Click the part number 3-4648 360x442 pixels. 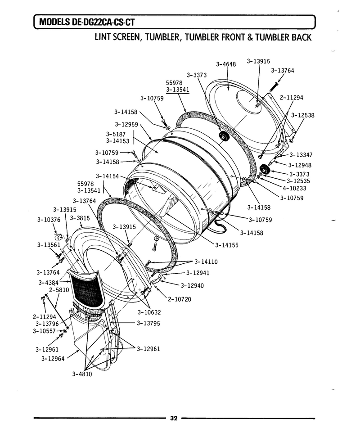(x=226, y=64)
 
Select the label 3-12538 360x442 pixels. (x=303, y=115)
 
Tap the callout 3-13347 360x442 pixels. (x=301, y=155)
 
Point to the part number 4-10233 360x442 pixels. (x=294, y=188)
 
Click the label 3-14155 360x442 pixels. (x=227, y=245)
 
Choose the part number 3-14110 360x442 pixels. (x=206, y=262)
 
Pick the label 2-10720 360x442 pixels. (x=180, y=299)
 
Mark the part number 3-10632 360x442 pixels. (x=149, y=312)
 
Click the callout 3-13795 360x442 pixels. (x=148, y=323)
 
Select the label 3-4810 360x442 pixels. (x=82, y=374)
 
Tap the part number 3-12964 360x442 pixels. (x=53, y=359)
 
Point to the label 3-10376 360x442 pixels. (x=49, y=220)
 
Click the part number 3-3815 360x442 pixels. (x=80, y=218)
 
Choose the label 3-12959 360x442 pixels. (x=126, y=124)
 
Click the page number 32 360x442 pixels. (x=174, y=418)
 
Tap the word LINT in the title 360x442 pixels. (x=103, y=37)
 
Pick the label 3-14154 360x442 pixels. (x=108, y=176)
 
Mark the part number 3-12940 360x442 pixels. (x=192, y=286)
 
